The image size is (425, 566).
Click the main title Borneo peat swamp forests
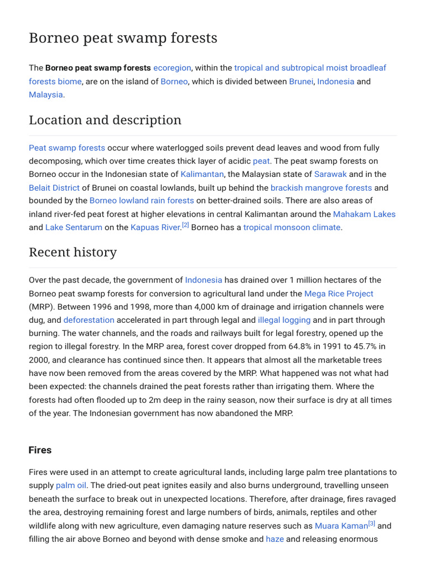[x=123, y=38]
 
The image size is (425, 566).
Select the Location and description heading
[x=105, y=120]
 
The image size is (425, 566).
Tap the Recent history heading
[x=72, y=253]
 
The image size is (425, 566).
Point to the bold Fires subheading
[x=40, y=450]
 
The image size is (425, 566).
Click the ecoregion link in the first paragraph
[x=172, y=68]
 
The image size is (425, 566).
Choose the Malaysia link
[x=46, y=95]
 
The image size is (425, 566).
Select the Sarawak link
[x=330, y=174]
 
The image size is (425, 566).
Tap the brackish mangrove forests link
[x=321, y=188]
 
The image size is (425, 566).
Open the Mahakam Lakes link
[x=364, y=214]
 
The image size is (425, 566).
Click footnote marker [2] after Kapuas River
[x=185, y=225]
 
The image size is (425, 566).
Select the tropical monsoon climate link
[x=292, y=227]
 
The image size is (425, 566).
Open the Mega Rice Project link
[x=339, y=294]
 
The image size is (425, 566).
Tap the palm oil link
[x=71, y=485]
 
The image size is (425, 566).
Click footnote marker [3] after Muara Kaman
[x=371, y=523]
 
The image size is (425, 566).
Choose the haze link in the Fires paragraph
[x=274, y=539]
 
